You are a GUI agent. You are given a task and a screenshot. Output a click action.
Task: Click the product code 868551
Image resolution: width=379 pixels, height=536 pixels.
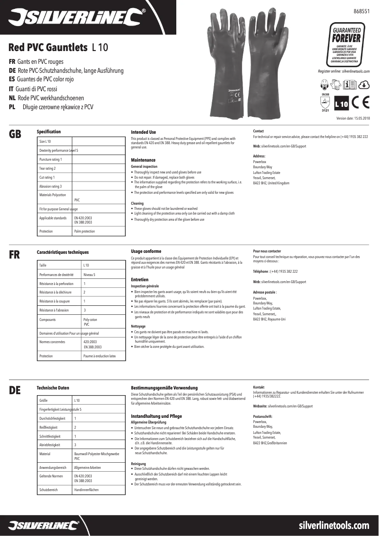362,10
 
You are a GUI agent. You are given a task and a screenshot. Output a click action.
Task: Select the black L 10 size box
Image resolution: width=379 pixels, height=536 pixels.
341,104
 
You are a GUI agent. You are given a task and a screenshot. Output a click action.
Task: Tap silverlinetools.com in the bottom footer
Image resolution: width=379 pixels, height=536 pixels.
334,525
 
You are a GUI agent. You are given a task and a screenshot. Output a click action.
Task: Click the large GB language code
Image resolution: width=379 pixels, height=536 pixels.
15,134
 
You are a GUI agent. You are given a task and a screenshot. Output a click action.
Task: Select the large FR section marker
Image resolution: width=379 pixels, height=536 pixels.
15,255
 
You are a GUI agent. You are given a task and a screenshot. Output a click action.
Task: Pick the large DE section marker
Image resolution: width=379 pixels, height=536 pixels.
15,390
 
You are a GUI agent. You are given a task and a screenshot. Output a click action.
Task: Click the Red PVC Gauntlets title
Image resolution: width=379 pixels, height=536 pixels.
48,47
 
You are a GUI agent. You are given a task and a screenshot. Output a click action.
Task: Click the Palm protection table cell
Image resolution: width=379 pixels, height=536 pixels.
85,231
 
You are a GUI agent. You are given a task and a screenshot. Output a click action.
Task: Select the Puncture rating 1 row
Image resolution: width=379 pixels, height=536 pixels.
51,159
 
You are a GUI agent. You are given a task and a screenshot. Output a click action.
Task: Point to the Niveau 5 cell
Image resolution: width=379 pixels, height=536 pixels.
89,275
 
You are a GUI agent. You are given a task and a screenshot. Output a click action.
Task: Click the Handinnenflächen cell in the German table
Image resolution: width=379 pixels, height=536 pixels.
86,490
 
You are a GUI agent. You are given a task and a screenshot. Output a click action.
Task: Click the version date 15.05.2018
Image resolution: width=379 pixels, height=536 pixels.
353,118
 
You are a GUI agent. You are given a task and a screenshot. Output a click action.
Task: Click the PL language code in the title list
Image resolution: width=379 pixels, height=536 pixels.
12,107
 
